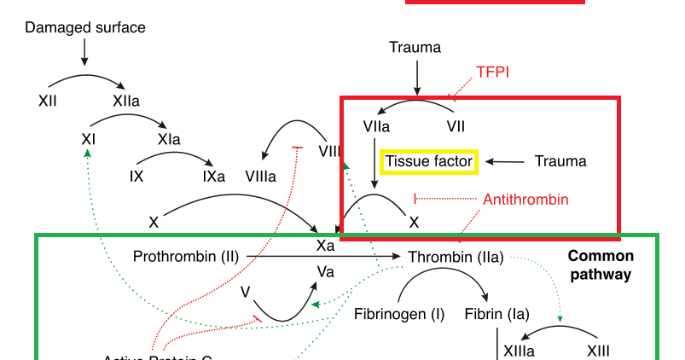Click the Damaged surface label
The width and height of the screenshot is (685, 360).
[85, 27]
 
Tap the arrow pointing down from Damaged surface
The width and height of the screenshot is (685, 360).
[84, 52]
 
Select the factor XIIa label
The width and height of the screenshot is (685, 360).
[126, 101]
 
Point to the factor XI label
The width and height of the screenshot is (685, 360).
[88, 138]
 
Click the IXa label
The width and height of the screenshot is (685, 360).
[213, 177]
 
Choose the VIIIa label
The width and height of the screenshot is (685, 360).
[260, 177]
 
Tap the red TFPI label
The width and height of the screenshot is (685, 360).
[493, 72]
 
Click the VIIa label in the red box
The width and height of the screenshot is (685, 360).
[376, 126]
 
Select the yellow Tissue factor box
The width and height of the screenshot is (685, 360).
[428, 160]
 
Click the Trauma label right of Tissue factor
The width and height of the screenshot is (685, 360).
[560, 160]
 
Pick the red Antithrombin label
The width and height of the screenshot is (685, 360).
[525, 199]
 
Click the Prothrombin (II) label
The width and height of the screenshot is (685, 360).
[184, 256]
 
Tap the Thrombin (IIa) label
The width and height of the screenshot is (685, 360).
[456, 256]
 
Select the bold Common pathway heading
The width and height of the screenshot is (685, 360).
[601, 265]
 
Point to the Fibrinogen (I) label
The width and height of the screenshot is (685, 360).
[399, 314]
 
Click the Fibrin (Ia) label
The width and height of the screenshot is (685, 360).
[497, 314]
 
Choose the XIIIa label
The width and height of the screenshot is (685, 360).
[519, 351]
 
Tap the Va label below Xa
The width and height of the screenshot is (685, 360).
[325, 271]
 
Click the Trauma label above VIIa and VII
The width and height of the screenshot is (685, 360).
[415, 48]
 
